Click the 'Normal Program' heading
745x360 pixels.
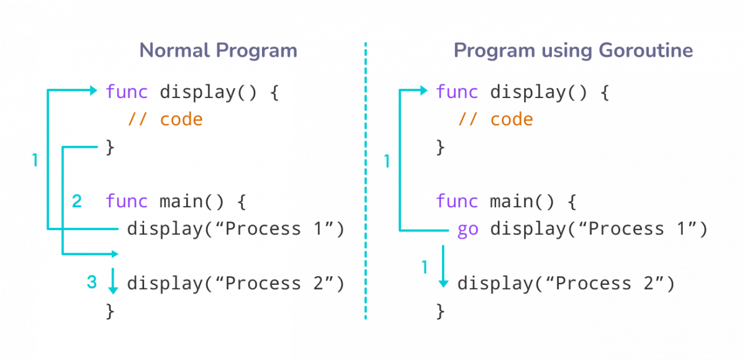(218, 50)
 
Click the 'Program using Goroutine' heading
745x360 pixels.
(573, 50)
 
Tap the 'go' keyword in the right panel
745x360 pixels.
(467, 229)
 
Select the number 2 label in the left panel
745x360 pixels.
(77, 201)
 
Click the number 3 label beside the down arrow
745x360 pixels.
(92, 283)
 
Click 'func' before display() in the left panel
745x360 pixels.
(127, 91)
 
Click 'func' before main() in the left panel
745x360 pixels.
(127, 201)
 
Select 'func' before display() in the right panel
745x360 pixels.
(457, 91)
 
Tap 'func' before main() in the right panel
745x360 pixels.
(457, 201)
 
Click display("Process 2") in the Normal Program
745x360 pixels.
(235, 284)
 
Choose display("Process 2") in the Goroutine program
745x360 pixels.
(566, 284)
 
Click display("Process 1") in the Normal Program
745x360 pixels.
(235, 229)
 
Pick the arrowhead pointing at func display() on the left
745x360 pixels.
(94, 91)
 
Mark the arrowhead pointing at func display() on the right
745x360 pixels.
(424, 91)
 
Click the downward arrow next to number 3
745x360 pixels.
(112, 282)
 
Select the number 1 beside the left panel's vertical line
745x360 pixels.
(35, 160)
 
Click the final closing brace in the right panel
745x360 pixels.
(440, 310)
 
